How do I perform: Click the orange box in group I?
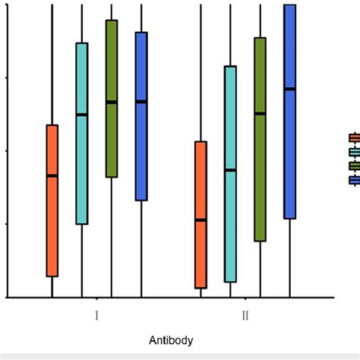point(52,220)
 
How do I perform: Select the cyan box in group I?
point(82,167)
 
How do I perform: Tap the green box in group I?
point(112,137)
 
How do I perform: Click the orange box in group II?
point(201,251)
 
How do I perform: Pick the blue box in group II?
point(289,152)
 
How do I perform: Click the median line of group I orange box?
point(52,175)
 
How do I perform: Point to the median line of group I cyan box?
point(82,115)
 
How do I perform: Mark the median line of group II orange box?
point(201,220)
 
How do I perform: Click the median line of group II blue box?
point(289,89)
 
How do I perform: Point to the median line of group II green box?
point(260,114)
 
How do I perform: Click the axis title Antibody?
point(170,341)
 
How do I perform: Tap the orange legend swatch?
point(354,137)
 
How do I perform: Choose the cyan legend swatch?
point(354,152)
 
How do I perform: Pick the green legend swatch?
point(354,166)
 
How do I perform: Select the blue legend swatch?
point(354,180)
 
